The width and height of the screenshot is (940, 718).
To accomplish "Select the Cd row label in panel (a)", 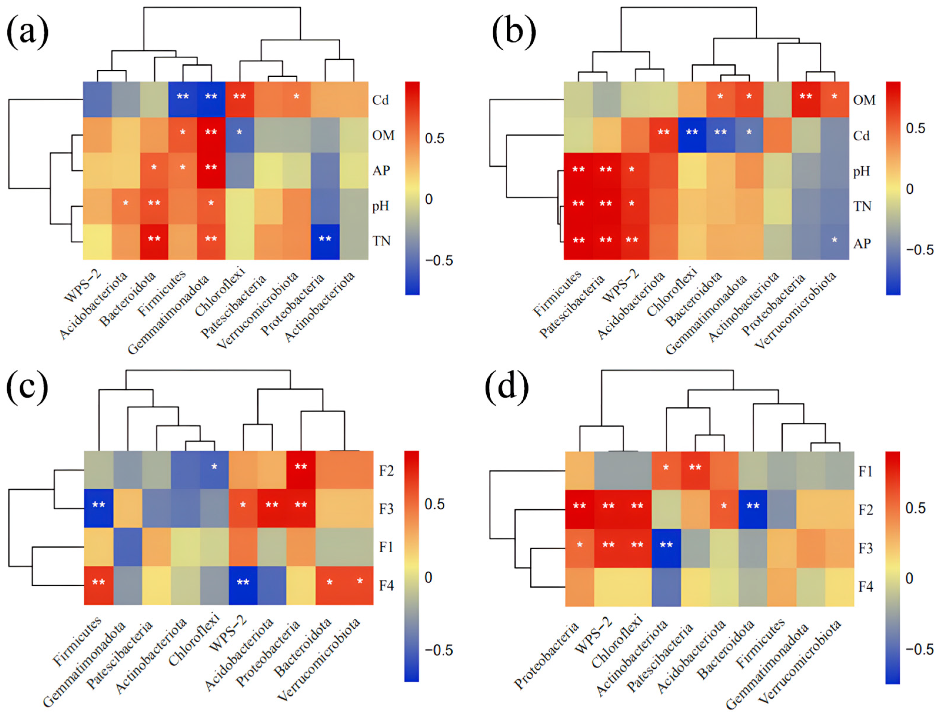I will [380, 100].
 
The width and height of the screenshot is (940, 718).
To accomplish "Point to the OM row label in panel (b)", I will [864, 100].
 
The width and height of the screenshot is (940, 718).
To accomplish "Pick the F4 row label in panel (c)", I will [386, 585].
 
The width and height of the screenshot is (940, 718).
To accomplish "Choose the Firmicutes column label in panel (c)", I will [77, 641].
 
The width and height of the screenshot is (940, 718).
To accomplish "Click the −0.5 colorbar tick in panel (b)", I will [919, 250].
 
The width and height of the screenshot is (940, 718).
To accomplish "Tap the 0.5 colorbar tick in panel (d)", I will [915, 508].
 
